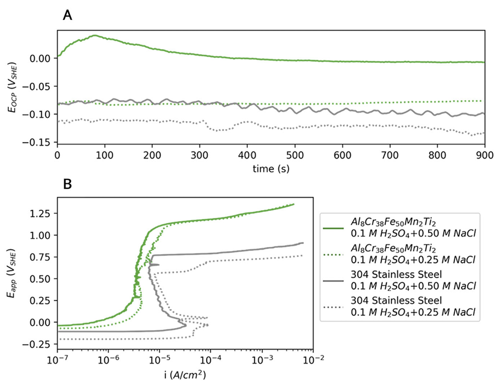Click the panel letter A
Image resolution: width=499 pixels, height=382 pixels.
68,16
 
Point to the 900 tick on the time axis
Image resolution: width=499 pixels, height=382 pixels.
484,155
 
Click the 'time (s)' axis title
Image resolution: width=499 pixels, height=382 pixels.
270,168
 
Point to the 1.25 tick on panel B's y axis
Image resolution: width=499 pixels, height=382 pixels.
41,213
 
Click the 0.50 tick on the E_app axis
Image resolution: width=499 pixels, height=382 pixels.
41,279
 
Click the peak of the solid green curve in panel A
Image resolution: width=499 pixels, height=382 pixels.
95,35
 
